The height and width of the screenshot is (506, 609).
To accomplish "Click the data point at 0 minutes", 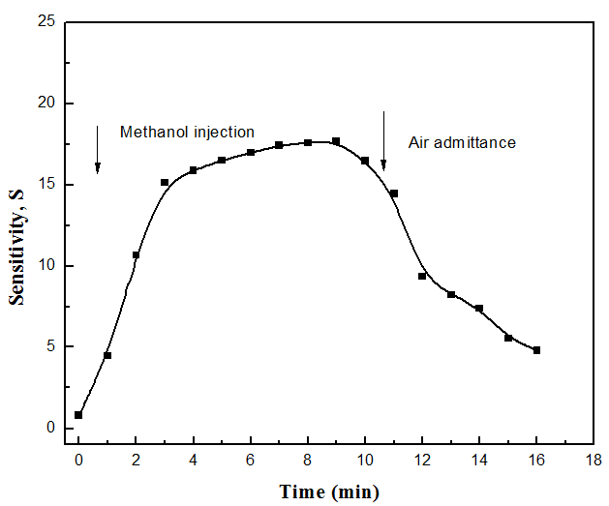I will tap(78, 415).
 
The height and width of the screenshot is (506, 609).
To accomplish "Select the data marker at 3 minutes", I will tap(165, 182).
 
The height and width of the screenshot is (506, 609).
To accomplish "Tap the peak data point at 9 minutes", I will tap(336, 141).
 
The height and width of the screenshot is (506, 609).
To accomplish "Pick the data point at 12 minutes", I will tap(422, 276).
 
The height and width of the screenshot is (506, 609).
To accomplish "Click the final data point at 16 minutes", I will tap(536, 350).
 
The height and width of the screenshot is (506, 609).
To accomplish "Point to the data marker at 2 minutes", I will tap(136, 255).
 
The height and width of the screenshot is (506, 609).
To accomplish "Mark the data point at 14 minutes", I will tap(479, 309).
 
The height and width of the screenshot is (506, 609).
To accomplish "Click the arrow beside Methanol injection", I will tap(98, 150).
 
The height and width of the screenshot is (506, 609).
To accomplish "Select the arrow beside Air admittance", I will tap(383, 140).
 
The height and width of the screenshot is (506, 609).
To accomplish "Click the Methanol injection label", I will tap(187, 132).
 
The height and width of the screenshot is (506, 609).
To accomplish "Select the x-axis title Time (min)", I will tap(330, 491).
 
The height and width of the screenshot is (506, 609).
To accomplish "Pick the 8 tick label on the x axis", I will tap(308, 461).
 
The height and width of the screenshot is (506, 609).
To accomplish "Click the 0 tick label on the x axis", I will tap(78, 461).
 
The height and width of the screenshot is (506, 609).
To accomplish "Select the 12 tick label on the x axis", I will tap(422, 461).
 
